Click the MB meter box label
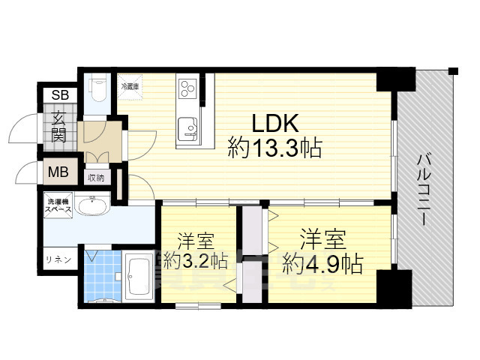[x=58, y=172]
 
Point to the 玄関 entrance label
[x=58, y=127]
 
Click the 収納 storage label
[x=95, y=178]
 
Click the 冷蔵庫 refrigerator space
[x=130, y=86]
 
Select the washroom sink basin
[x=92, y=206]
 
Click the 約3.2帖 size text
[x=196, y=262]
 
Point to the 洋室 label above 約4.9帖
[x=322, y=240]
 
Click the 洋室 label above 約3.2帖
[x=196, y=241]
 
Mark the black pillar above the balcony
[x=395, y=78]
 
